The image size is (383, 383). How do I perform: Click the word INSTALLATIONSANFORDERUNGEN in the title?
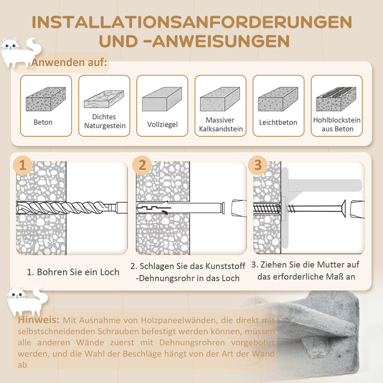[191, 22]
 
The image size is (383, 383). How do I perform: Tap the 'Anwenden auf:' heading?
[69, 63]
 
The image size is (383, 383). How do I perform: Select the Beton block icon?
[46, 99]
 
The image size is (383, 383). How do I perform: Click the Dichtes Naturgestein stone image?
[104, 99]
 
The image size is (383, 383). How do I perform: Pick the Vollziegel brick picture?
[162, 99]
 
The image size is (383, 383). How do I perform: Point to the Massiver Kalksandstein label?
[220, 124]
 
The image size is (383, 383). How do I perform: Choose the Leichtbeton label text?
[278, 122]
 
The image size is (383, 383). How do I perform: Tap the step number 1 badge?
[22, 165]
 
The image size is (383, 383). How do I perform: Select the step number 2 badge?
[142, 165]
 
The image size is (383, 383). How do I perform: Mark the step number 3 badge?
[258, 165]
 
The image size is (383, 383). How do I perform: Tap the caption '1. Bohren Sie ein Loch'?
[73, 272]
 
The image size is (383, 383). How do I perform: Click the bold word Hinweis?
[38, 320]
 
